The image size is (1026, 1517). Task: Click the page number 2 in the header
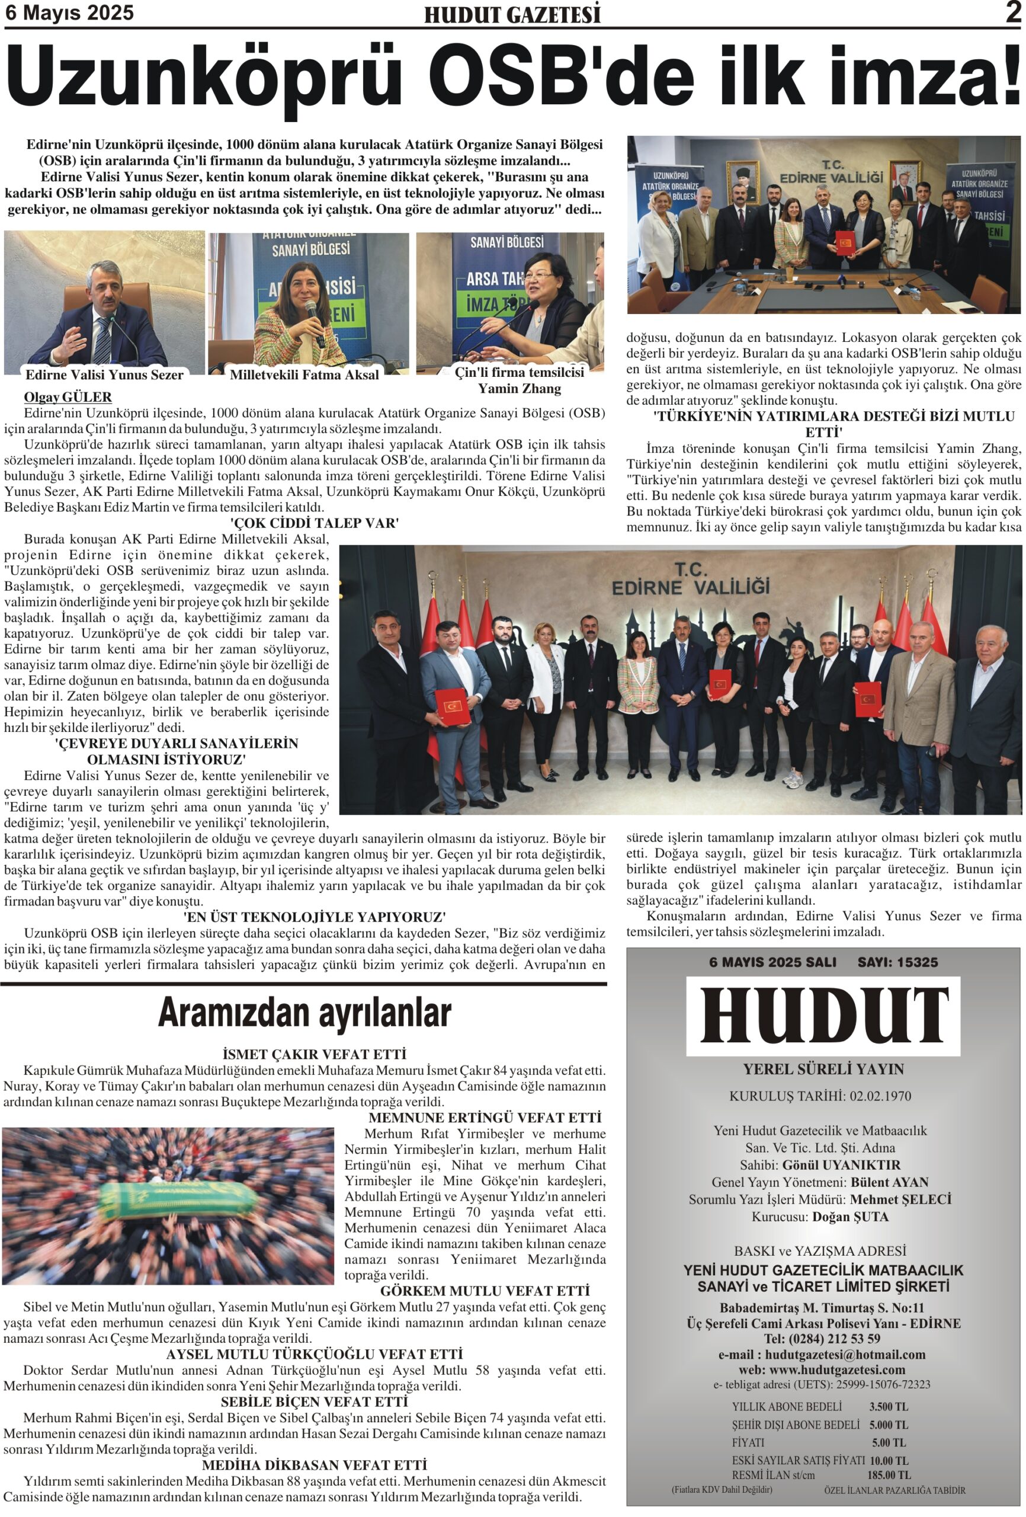pyautogui.click(x=1012, y=12)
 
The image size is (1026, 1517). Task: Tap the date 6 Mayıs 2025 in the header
pyautogui.click(x=69, y=12)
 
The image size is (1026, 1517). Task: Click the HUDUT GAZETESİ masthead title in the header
pyautogui.click(x=512, y=15)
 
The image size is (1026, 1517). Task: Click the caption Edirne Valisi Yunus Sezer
pyautogui.click(x=104, y=375)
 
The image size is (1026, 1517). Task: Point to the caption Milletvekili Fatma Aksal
pyautogui.click(x=303, y=375)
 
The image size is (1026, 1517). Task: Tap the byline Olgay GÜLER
pyautogui.click(x=68, y=397)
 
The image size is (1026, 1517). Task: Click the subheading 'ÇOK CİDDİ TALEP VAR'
pyautogui.click(x=314, y=523)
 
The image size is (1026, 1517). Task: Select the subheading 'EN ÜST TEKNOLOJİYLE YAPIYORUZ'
pyautogui.click(x=314, y=917)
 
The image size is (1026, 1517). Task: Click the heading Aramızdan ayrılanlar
pyautogui.click(x=304, y=1013)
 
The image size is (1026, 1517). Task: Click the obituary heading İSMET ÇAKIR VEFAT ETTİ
pyautogui.click(x=314, y=1054)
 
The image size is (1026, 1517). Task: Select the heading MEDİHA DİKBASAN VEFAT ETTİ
pyautogui.click(x=314, y=1465)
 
